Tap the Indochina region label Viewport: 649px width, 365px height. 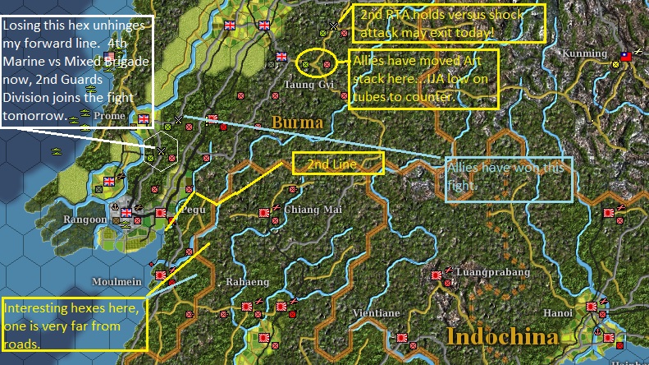click(503, 336)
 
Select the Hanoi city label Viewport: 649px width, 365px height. click(558, 313)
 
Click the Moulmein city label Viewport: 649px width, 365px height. click(117, 281)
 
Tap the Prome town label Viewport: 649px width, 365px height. click(109, 117)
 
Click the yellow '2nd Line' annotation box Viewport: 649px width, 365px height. click(338, 164)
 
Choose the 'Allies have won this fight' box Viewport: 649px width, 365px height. click(509, 179)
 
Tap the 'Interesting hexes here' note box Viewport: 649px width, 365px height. click(74, 325)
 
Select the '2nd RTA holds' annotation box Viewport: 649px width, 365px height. click(449, 23)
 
